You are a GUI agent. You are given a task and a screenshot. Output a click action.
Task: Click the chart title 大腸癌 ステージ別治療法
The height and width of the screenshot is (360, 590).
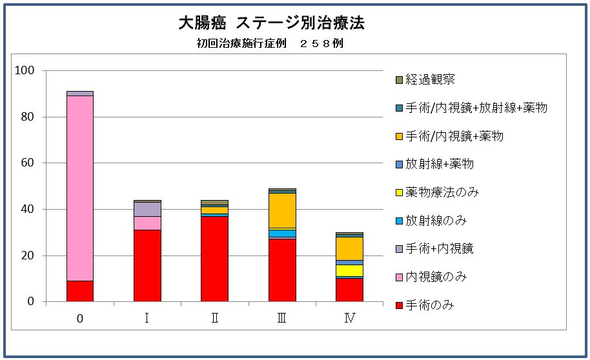271,24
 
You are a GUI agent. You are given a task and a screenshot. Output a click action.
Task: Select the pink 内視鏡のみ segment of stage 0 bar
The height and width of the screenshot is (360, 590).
80,188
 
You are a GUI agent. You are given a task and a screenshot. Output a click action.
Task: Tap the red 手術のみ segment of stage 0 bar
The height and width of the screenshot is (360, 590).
80,291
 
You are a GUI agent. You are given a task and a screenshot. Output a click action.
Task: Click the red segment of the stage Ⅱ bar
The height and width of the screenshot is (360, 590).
214,259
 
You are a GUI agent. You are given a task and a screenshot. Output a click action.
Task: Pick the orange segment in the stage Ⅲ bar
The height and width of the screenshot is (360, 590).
282,210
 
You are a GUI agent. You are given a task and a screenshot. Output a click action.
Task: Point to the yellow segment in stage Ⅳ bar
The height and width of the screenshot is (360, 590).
349,270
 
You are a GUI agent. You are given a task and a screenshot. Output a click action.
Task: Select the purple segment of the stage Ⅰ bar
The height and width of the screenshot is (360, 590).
147,209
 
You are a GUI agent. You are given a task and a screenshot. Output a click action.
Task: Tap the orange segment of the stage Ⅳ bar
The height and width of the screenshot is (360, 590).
349,248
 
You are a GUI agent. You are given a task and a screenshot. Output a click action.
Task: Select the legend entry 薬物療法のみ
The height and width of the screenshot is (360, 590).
442,192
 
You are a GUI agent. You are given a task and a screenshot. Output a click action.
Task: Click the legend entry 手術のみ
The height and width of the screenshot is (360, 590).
429,305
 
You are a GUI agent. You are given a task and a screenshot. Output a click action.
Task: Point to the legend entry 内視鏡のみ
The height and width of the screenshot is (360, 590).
436,277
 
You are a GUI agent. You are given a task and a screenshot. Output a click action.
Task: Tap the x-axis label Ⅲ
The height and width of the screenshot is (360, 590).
282,318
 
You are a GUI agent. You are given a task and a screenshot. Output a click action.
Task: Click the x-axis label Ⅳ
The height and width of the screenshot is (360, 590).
349,318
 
